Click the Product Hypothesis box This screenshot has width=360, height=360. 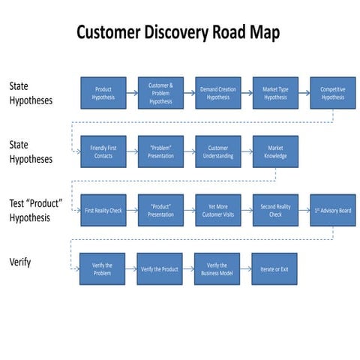[103, 92]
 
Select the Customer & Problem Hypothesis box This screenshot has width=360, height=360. [160, 92]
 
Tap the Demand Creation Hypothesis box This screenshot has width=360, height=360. [217, 92]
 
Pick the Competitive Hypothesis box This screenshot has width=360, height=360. [332, 92]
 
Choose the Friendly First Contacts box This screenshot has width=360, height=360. [103, 151]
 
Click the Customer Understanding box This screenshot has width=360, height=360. [217, 151]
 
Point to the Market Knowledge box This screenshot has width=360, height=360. [275, 151]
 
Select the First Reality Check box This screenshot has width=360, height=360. [103, 211]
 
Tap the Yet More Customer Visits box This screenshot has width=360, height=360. [217, 211]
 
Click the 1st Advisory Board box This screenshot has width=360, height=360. [332, 211]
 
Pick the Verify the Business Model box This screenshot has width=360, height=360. [217, 268]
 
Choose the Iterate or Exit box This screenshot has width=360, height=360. [274, 268]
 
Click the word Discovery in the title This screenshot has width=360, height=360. [184, 34]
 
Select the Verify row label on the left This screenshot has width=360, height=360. [20, 262]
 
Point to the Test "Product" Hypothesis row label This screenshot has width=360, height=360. [34, 211]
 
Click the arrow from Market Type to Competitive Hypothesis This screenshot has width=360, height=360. [304, 92]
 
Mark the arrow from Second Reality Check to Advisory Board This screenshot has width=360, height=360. [304, 211]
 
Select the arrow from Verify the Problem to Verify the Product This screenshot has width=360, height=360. [130, 268]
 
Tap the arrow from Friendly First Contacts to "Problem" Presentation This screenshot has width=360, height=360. [131, 151]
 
